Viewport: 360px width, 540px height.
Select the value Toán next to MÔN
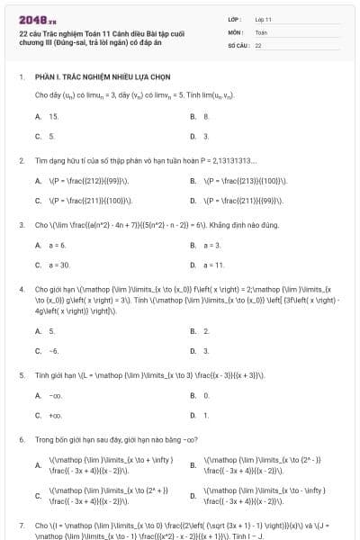pyautogui.click(x=261, y=31)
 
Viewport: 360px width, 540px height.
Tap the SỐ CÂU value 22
pyautogui.click(x=258, y=44)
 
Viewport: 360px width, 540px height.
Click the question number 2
pyautogui.click(x=21, y=160)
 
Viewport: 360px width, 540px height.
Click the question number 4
pyautogui.click(x=21, y=289)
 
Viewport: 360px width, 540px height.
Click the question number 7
pyautogui.click(x=21, y=524)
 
